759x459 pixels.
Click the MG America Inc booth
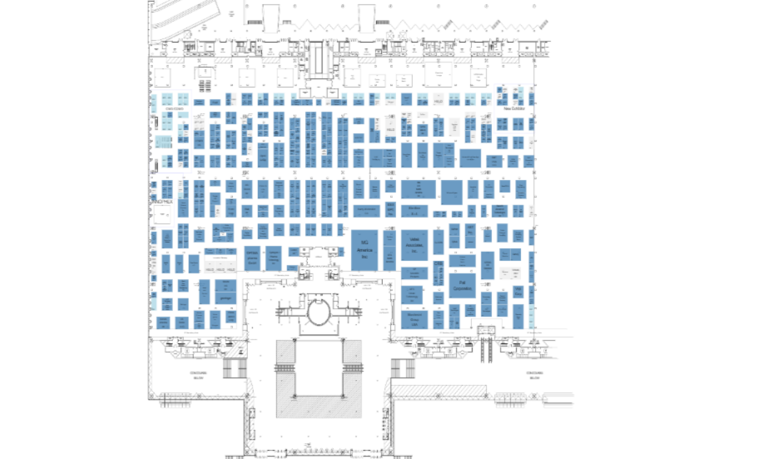pyautogui.click(x=364, y=249)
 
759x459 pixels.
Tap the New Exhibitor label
pyautogui.click(x=514, y=108)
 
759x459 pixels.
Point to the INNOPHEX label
pyautogui.click(x=162, y=200)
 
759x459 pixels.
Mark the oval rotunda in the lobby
pyautogui.click(x=317, y=312)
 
